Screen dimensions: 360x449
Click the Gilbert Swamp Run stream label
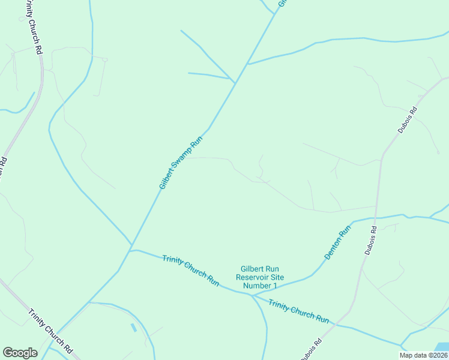181,162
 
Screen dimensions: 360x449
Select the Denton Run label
337,242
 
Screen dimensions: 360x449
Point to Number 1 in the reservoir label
256,286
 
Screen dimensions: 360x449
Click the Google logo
20,353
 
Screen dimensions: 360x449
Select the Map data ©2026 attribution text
423,355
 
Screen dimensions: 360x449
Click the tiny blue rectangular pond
133,328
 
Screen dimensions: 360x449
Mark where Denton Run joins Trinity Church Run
252,295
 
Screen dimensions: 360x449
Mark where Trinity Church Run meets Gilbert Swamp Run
131,250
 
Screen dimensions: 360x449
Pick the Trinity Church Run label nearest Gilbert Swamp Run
190,270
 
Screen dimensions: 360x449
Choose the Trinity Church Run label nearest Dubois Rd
298,311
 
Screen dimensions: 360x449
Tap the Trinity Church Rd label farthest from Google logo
33,27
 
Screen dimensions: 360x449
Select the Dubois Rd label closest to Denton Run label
370,240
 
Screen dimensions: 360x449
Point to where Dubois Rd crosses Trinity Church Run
335,325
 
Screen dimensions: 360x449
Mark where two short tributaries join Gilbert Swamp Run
233,80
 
